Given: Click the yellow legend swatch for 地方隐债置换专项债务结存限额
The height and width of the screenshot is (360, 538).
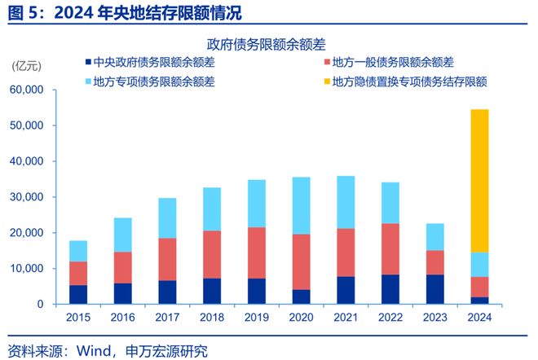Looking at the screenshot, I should pos(326,81).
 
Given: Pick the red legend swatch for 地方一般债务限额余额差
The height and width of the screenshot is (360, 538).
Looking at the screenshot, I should pos(326,62).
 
